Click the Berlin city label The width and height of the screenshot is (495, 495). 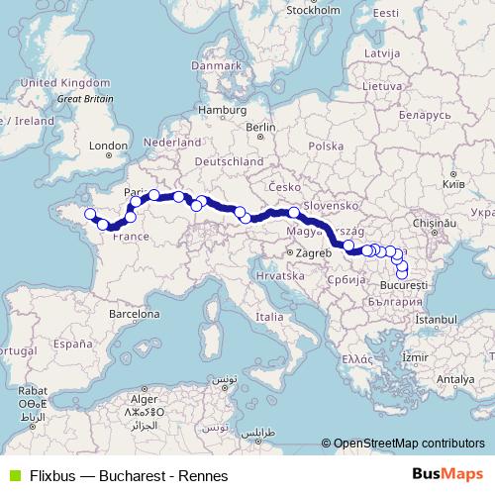pos(260,127)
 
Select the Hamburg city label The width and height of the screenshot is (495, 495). pos(221,110)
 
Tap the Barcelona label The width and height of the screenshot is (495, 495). pos(135,313)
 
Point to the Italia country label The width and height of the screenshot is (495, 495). pos(270,317)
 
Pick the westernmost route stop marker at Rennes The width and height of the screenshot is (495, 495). pos(89,214)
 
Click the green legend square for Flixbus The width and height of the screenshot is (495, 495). pos(12,474)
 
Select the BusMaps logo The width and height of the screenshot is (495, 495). pos(446,473)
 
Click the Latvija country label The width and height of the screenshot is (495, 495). pos(381,50)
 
